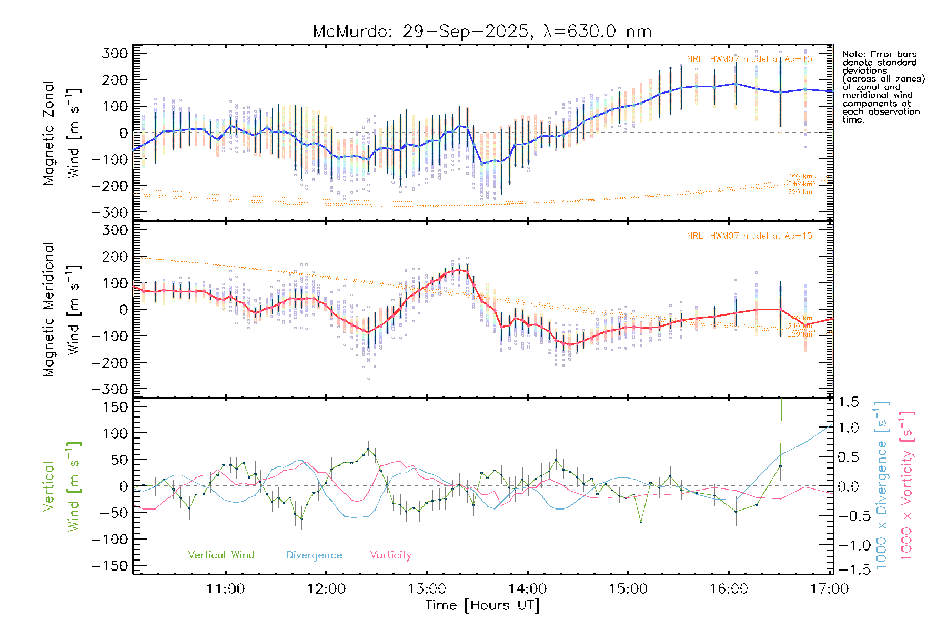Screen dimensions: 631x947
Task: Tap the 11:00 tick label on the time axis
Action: (225, 589)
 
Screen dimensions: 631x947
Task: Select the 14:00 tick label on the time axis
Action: (527, 589)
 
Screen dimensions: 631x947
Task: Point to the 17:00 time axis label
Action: (829, 589)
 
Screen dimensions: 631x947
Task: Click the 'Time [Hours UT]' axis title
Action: (482, 605)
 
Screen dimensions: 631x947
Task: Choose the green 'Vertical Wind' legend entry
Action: (221, 555)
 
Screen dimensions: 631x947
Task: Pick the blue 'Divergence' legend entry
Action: (314, 555)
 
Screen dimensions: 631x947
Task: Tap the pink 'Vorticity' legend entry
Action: (390, 555)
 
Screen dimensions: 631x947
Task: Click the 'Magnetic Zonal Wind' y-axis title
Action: (62, 133)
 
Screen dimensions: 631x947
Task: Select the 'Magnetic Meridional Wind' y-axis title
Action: (62, 309)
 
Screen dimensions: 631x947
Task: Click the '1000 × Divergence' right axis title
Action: (882, 485)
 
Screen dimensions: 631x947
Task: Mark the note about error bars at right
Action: (883, 87)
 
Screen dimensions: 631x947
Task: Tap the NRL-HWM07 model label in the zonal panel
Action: (749, 59)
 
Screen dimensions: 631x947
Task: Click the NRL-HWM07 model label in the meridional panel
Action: (749, 236)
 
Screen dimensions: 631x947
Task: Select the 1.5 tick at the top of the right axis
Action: (848, 402)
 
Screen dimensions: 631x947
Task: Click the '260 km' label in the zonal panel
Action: (800, 176)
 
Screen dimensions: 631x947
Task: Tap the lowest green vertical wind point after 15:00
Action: (641, 522)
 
